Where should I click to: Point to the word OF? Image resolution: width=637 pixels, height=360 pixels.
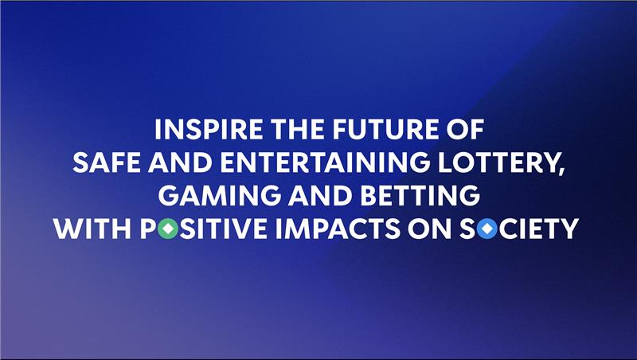(x=465, y=130)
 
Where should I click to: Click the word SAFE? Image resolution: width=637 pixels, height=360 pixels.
(x=107, y=162)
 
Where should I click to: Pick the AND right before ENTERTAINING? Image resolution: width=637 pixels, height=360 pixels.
(x=180, y=162)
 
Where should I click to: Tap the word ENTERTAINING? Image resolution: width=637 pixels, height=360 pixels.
(x=325, y=162)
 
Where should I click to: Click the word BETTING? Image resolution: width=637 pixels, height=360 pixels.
(x=420, y=195)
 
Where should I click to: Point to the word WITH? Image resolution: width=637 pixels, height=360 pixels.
(x=92, y=229)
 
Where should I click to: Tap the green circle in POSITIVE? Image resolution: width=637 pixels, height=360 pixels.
(x=168, y=229)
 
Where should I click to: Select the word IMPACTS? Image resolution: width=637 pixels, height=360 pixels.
(x=338, y=229)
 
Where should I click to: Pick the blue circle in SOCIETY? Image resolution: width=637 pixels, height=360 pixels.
(x=487, y=229)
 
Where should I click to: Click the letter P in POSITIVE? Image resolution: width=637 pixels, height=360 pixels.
(x=148, y=229)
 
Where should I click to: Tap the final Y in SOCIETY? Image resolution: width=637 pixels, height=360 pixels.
(x=569, y=229)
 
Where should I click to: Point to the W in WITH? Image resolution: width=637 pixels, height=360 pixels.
(x=68, y=229)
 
